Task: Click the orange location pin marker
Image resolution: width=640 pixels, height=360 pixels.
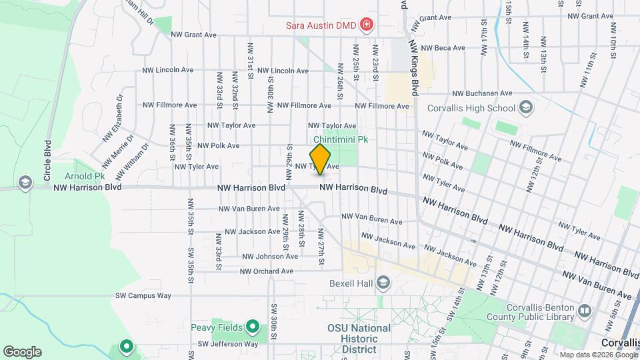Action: coord(321,159)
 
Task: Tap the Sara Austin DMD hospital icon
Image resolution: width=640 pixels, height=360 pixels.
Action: coord(366,26)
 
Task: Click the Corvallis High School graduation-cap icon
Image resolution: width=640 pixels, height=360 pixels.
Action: coord(525,107)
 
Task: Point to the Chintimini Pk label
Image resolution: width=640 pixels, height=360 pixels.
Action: coord(341,139)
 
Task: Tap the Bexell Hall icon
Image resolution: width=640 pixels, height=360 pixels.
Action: coord(383,283)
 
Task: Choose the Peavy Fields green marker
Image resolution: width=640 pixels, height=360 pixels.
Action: coord(252,327)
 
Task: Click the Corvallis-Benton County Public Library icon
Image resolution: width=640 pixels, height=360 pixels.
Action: coord(585,310)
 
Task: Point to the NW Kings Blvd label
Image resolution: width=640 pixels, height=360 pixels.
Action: coord(414,61)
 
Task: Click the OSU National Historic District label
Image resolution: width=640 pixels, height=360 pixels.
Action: coord(359,339)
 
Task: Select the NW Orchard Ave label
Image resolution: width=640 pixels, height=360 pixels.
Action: coord(267,271)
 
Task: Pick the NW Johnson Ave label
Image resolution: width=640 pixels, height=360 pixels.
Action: coord(269,256)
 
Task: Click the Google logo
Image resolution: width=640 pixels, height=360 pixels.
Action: coord(21,352)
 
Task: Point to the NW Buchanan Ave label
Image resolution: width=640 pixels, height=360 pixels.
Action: coord(482,94)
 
